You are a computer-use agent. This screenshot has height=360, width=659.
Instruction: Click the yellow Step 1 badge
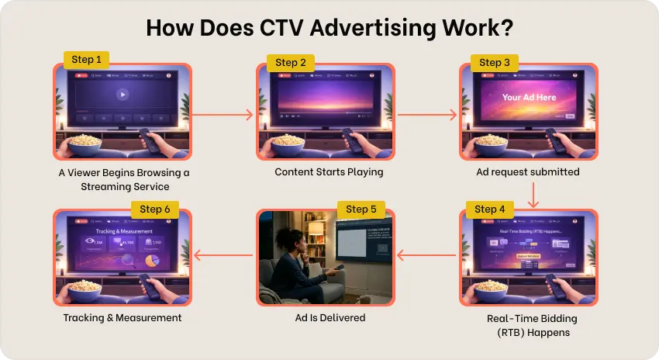click(x=86, y=60)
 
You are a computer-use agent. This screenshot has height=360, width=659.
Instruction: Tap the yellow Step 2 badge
click(x=291, y=62)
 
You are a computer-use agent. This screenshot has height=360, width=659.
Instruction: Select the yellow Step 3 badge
click(x=495, y=62)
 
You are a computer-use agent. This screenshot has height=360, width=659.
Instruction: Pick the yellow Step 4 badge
click(x=490, y=209)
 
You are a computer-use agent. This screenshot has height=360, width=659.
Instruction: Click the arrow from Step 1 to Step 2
click(x=223, y=115)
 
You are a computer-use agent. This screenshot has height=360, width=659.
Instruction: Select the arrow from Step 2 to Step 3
click(x=427, y=115)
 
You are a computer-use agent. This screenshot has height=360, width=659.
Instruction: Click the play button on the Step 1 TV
click(x=121, y=95)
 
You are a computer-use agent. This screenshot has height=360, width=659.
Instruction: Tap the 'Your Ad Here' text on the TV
click(x=528, y=98)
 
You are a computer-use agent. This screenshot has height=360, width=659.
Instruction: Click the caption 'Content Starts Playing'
click(x=329, y=171)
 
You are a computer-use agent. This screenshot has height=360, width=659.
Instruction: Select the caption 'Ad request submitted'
click(x=528, y=171)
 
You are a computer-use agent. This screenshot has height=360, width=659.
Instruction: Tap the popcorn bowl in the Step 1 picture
click(x=85, y=145)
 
